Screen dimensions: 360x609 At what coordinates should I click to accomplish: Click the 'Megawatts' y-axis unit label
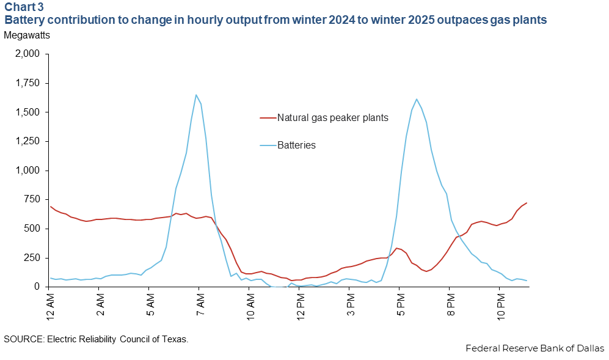click(27, 35)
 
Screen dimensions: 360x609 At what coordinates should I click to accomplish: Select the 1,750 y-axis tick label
click(27, 83)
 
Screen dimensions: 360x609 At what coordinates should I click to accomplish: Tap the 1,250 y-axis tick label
click(27, 141)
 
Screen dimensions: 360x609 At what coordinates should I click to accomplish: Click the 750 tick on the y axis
click(31, 199)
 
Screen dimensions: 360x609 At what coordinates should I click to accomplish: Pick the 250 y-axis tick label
click(31, 257)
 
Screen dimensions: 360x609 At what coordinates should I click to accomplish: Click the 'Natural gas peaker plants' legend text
click(332, 118)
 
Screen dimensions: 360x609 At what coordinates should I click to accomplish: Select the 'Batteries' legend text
click(296, 145)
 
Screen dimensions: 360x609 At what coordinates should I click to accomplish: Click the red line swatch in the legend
click(267, 118)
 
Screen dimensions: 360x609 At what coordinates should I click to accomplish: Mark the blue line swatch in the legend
click(267, 145)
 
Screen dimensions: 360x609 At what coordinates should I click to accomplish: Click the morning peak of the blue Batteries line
click(196, 95)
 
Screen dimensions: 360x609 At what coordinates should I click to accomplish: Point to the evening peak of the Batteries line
click(416, 99)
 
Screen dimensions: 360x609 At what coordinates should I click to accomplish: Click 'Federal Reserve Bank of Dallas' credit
click(534, 348)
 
